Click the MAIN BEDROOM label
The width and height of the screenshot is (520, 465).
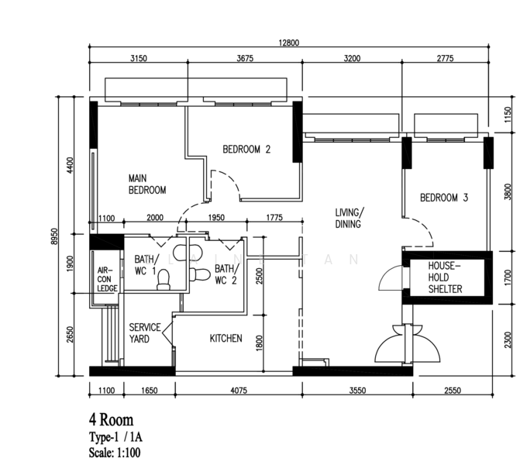point(146,184)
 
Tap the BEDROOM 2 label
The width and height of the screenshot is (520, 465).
point(246,150)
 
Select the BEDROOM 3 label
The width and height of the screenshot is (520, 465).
point(444,198)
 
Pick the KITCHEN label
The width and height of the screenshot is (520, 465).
point(226,339)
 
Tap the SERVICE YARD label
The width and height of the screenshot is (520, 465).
point(144,333)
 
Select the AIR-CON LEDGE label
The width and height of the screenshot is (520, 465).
point(107,280)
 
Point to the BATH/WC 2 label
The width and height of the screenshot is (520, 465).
point(226,274)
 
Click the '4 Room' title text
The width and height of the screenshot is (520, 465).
point(111,421)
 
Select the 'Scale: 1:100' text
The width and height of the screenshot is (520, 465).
point(115,452)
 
